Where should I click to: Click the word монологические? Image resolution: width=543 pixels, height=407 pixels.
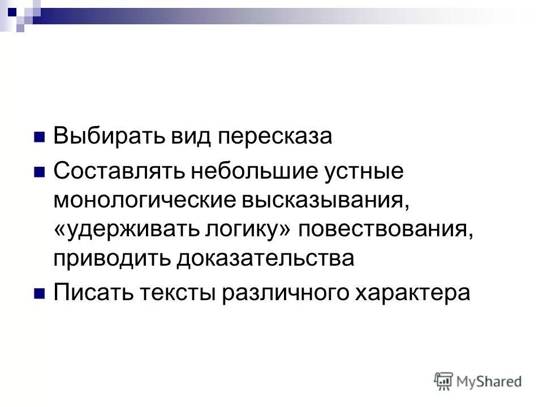point(144,200)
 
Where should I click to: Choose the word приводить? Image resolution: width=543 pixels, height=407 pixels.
point(111,259)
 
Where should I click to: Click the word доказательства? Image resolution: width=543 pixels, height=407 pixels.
point(265,259)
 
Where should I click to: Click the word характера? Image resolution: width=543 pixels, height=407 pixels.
point(410,293)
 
